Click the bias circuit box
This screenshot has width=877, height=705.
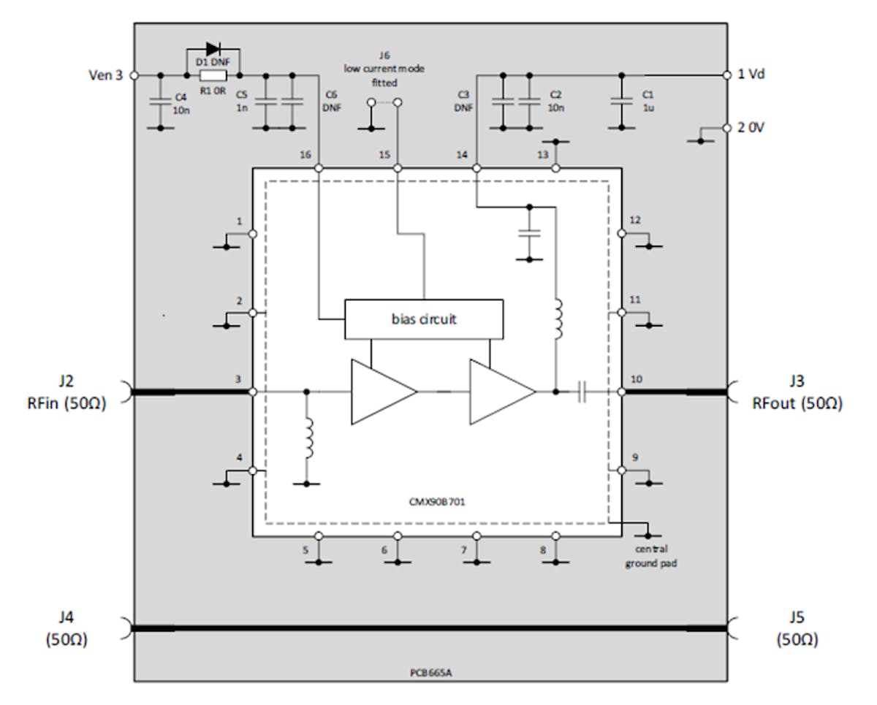(x=423, y=319)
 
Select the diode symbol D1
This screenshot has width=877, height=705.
(x=213, y=50)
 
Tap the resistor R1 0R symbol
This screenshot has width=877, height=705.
(x=213, y=75)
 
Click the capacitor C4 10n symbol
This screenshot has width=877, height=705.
(x=160, y=101)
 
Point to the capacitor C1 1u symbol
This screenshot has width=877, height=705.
(x=621, y=101)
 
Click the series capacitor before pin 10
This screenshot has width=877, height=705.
(x=582, y=392)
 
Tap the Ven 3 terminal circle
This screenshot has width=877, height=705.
(x=134, y=75)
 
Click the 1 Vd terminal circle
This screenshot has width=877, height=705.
(x=726, y=75)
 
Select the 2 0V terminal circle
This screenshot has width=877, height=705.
(x=726, y=127)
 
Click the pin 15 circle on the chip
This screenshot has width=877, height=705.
(x=398, y=168)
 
